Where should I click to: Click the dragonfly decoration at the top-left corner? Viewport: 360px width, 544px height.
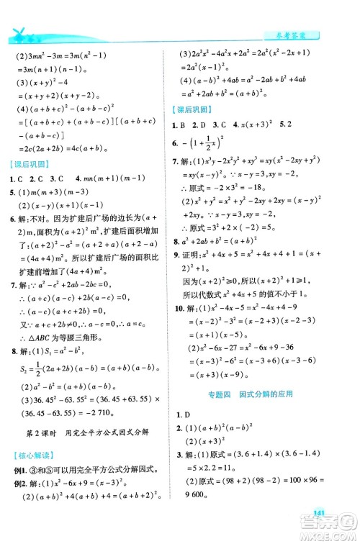pyautogui.click(x=25, y=32)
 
